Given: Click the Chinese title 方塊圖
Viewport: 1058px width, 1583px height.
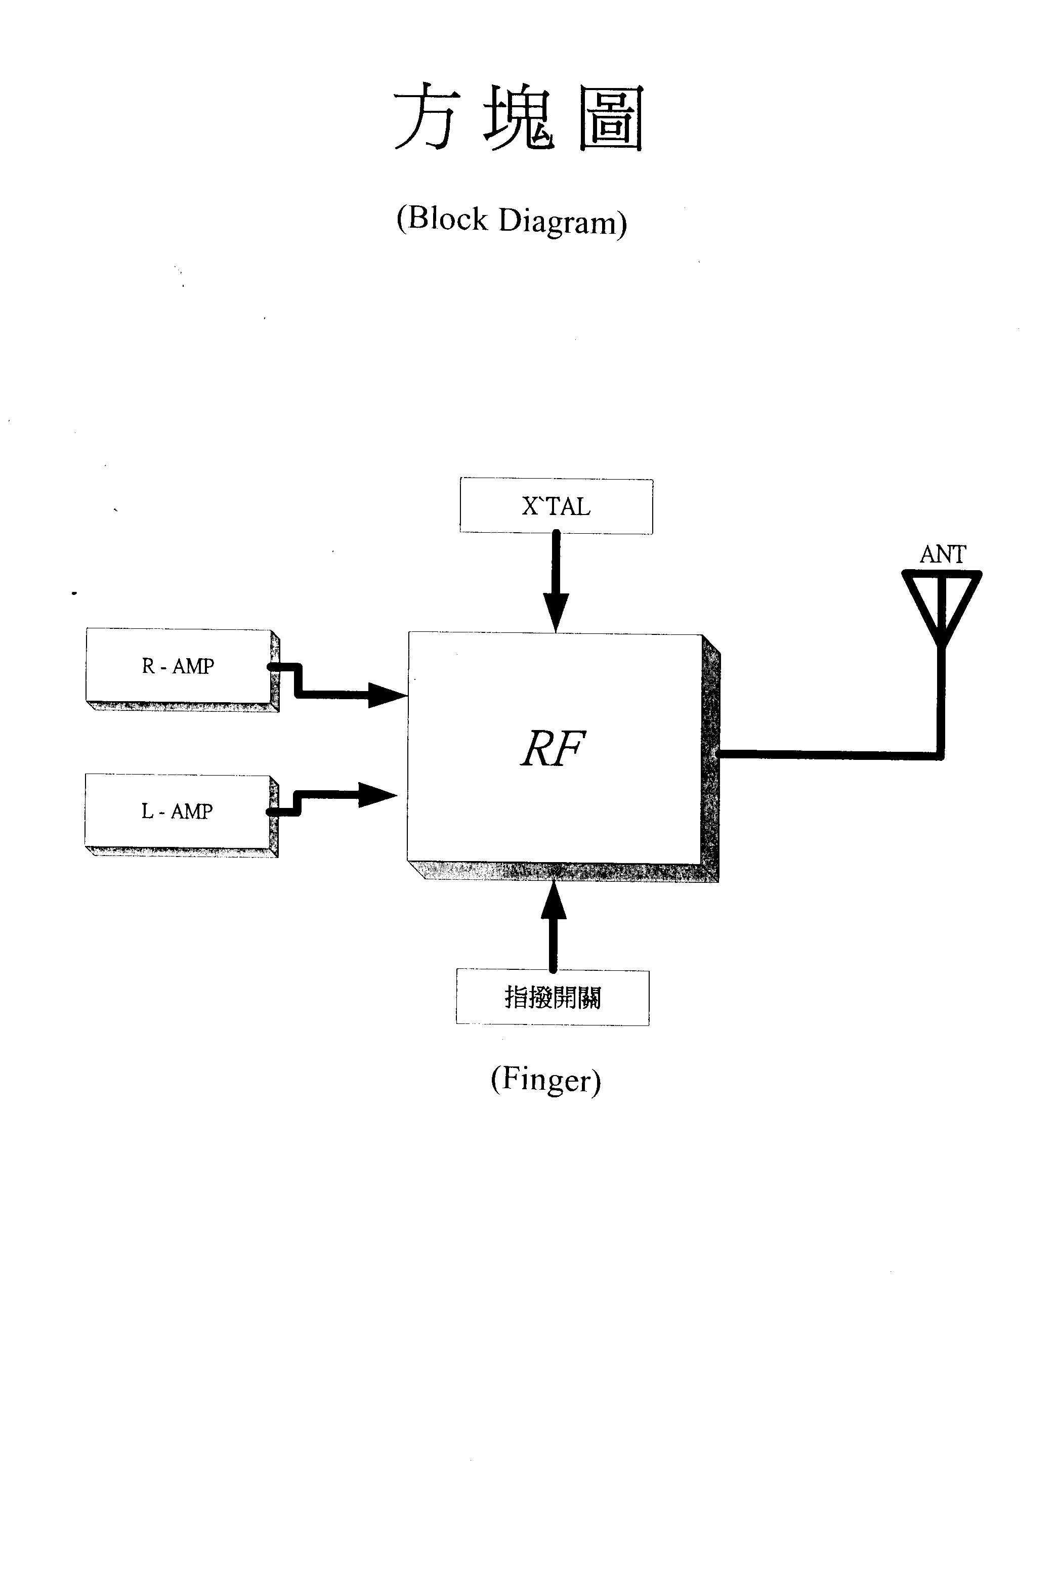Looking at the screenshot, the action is (x=518, y=117).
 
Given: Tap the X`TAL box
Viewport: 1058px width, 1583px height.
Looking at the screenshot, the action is (x=556, y=506).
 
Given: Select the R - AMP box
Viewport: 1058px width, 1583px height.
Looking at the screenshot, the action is (x=182, y=669).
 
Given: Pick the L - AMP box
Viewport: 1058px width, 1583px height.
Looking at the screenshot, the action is (x=181, y=815).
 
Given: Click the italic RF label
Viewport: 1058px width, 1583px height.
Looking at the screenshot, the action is (x=552, y=749).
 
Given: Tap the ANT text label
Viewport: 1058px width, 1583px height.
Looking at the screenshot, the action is (x=943, y=554).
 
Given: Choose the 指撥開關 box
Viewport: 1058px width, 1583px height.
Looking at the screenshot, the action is (x=553, y=998).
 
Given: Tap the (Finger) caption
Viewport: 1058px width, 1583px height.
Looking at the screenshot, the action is (x=545, y=1080).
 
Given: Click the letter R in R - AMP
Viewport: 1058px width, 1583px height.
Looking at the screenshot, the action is (x=148, y=666).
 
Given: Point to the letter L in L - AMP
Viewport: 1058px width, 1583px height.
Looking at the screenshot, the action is (x=147, y=811).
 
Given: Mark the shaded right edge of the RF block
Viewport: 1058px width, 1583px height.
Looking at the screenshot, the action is (x=710, y=758).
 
